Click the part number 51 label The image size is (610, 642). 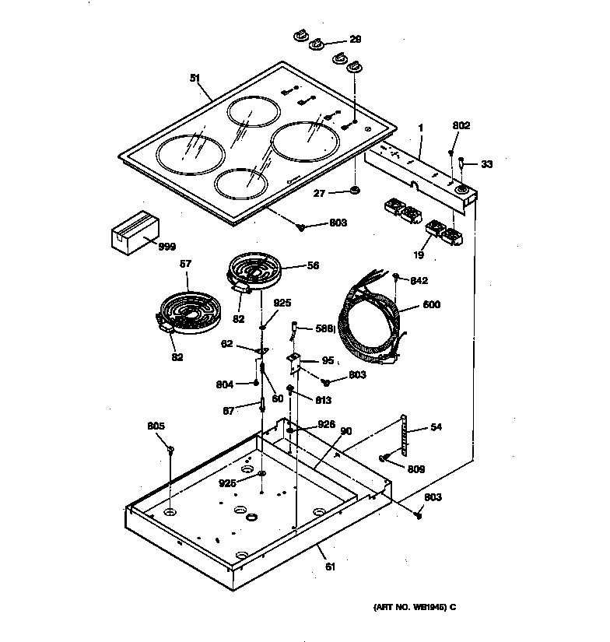(195, 77)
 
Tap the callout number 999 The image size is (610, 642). (167, 247)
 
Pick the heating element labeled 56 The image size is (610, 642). (256, 272)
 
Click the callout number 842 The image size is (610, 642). (419, 281)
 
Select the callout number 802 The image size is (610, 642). (461, 125)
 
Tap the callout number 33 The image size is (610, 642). (486, 164)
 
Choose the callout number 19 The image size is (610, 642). (419, 254)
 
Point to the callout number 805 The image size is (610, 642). (156, 426)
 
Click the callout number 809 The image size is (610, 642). (416, 469)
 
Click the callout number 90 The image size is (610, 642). (346, 430)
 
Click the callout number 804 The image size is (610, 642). (224, 383)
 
